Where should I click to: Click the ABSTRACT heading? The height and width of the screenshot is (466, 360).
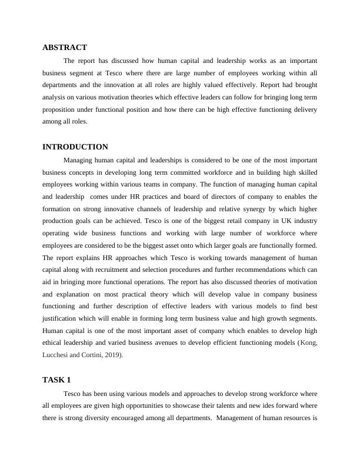[x=65, y=48]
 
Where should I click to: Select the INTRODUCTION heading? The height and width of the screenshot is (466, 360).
[x=75, y=147]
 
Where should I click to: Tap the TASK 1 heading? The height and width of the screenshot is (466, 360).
[x=56, y=380]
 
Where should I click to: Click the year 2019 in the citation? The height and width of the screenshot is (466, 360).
[x=112, y=355]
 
